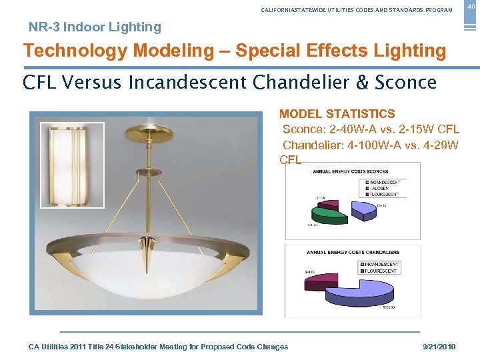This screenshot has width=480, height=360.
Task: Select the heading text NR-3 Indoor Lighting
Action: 95,27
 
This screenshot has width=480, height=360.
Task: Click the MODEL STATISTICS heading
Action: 337,114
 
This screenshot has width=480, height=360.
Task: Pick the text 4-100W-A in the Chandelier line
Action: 375,145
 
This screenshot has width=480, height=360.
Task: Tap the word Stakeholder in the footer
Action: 153,347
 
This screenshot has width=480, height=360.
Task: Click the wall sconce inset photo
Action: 72,165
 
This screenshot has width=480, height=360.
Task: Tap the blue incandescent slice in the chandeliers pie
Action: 363,293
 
